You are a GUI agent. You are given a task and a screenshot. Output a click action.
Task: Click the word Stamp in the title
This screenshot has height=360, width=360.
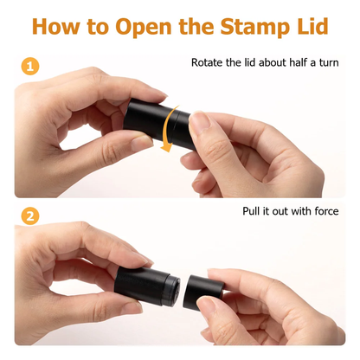[254, 27]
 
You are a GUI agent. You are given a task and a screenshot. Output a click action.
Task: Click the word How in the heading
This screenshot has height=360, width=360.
[55, 26]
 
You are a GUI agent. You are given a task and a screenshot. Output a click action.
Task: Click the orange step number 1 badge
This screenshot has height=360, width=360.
[30, 67]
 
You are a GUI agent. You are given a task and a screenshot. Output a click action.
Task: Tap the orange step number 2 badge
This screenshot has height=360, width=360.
[30, 216]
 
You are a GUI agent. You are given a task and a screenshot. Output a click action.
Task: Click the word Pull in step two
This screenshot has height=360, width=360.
[251, 211]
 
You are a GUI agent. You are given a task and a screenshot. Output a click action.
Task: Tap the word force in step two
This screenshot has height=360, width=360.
[327, 211]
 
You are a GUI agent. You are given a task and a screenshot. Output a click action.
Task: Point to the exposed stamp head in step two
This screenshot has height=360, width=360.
[174, 289]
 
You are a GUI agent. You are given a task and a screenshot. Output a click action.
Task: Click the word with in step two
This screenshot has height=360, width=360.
[299, 211]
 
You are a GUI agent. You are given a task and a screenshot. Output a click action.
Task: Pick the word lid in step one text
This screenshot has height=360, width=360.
[250, 62]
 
